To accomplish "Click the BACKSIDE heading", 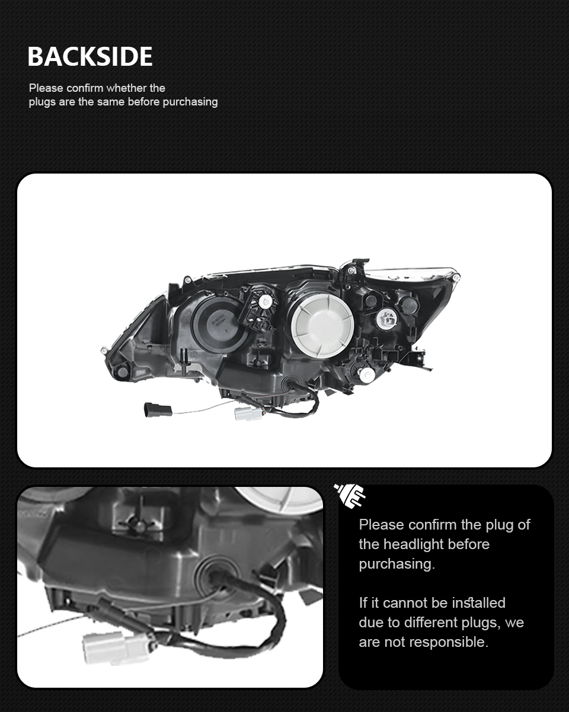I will (90, 56).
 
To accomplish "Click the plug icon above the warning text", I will (350, 495).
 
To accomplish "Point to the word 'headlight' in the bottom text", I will (413, 544).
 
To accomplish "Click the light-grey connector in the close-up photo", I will (116, 646).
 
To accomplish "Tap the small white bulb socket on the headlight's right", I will (387, 319).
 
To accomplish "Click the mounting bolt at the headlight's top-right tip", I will (456, 277).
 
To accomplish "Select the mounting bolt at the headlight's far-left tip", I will (104, 351).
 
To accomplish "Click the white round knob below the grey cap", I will (366, 374).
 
